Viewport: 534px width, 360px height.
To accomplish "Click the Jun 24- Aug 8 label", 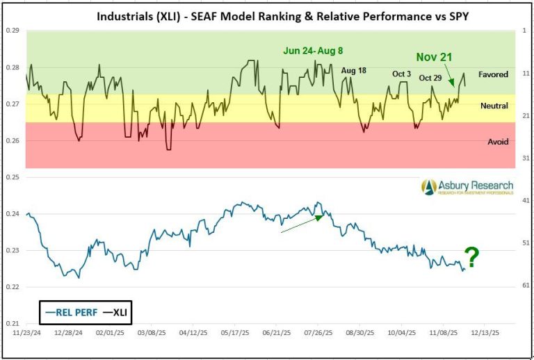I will pos(313,51).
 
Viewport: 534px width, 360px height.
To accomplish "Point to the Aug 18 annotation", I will pos(353,71).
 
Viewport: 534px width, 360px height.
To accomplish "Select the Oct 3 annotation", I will pos(402,74).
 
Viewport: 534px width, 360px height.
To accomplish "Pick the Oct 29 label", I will pos(430,78).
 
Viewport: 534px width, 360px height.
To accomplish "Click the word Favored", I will pos(493,74).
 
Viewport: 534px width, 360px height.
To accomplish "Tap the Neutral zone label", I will pos(494,106).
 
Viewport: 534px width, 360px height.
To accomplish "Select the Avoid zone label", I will pos(498,142).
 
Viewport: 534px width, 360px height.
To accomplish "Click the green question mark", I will pos(472,259).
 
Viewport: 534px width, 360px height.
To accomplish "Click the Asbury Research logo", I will pos(467,186).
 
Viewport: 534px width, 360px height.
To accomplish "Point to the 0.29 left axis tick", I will pos(13,31).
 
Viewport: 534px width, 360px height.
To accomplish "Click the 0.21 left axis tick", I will pos(13,323).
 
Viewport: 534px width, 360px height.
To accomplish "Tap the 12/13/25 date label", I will pos(484,334).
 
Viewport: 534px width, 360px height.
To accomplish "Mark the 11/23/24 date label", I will pos(26,334).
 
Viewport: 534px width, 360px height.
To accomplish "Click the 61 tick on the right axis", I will pos(525,286).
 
